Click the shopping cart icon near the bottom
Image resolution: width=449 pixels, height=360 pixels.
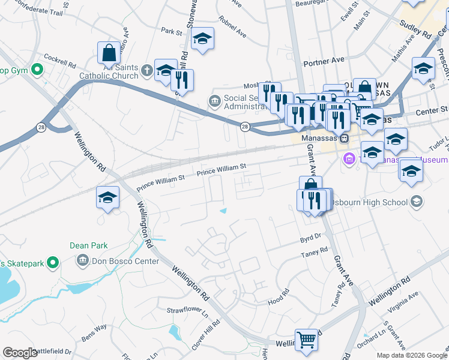[306, 340]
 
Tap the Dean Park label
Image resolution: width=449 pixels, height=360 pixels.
[88, 245]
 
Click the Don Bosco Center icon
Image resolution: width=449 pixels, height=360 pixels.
[82, 261]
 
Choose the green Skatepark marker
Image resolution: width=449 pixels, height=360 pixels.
[53, 262]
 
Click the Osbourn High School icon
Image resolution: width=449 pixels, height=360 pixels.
[416, 202]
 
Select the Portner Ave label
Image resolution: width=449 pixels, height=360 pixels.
[324, 60]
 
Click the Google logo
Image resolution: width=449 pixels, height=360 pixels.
[20, 353]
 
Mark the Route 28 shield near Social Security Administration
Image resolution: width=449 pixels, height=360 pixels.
[245, 127]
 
